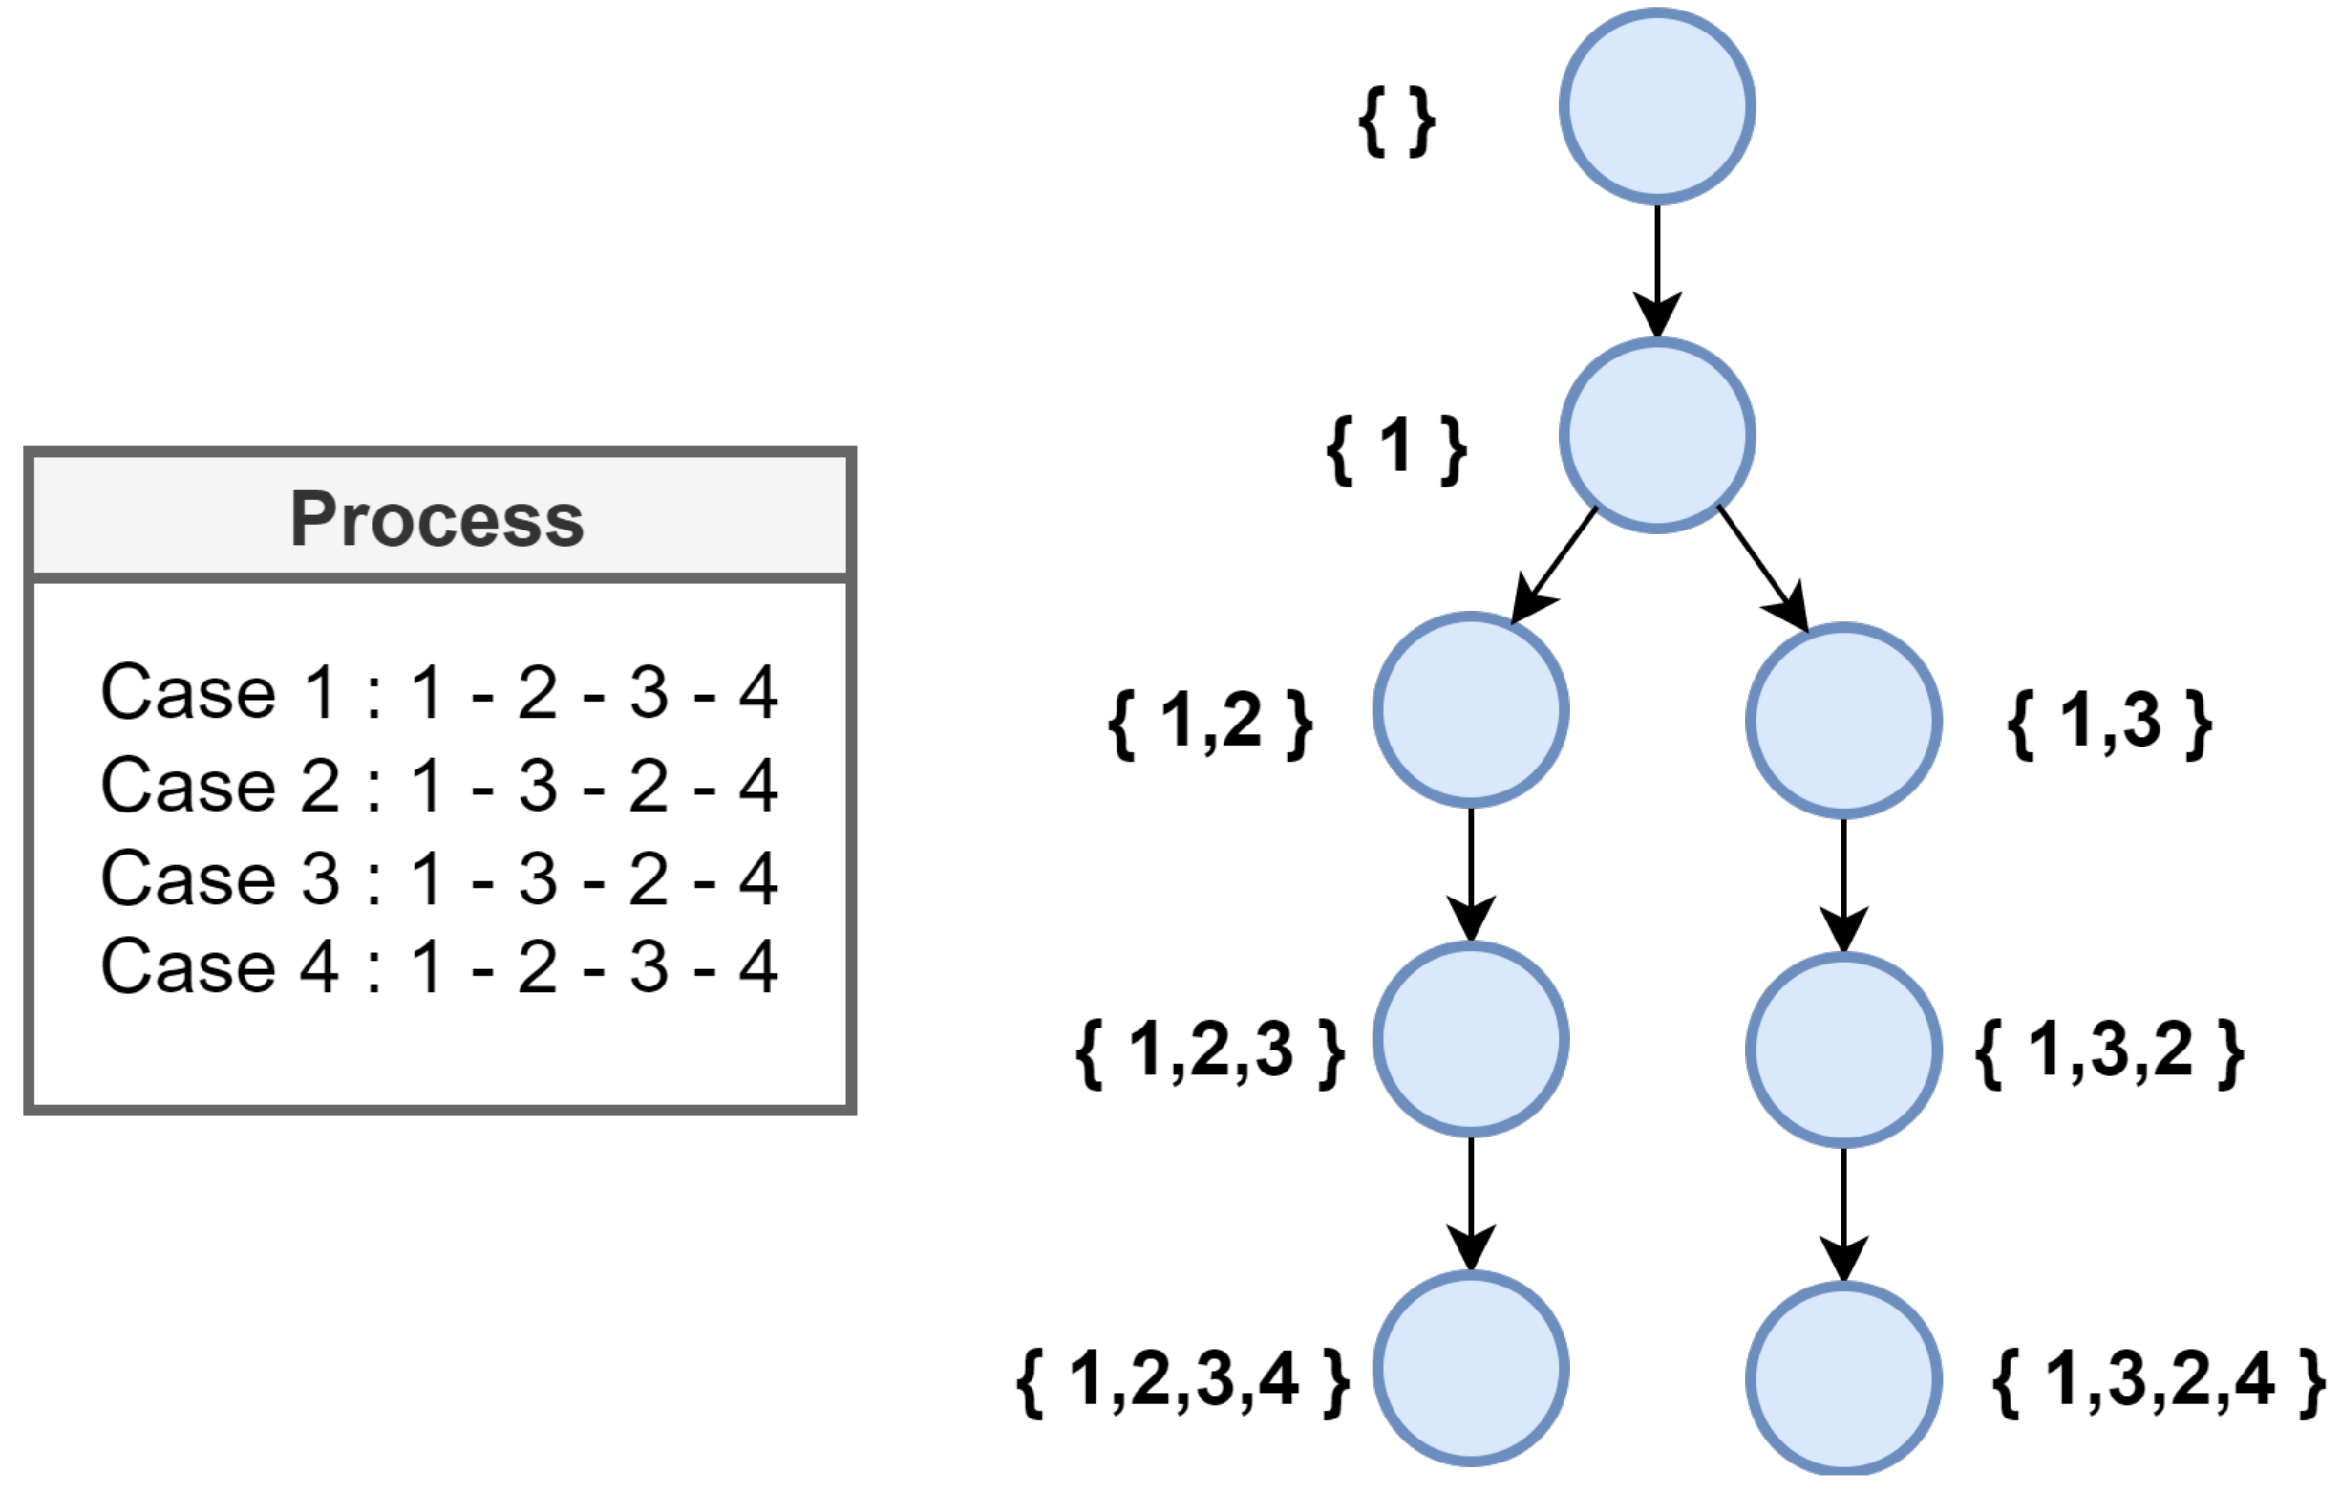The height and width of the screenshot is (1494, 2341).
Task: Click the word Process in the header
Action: [437, 519]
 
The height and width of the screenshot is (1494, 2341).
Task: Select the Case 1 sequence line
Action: [439, 693]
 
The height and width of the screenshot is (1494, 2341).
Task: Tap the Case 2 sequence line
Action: [439, 785]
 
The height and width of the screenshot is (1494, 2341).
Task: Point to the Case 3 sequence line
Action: [439, 877]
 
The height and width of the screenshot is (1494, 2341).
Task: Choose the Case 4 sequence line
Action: [439, 966]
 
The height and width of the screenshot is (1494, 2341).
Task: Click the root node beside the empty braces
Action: [1656, 105]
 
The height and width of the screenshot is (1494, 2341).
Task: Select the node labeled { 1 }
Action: [1656, 435]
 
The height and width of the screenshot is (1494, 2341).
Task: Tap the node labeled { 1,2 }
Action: [1470, 710]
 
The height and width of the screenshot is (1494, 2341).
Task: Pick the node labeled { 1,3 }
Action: [1843, 721]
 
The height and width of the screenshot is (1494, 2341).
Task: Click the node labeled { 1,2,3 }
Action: [1470, 1039]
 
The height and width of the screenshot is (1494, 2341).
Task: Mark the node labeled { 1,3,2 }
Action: [1843, 1050]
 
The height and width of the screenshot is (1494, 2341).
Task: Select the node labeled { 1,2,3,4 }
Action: [1470, 1369]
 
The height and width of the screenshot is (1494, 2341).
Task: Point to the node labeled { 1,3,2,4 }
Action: [1843, 1379]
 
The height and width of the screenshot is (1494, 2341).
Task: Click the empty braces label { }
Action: [1396, 121]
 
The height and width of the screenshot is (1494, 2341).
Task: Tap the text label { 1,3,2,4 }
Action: [2159, 1380]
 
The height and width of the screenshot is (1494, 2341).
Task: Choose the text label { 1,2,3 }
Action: [1210, 1051]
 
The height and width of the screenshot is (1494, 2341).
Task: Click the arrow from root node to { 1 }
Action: [1656, 268]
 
